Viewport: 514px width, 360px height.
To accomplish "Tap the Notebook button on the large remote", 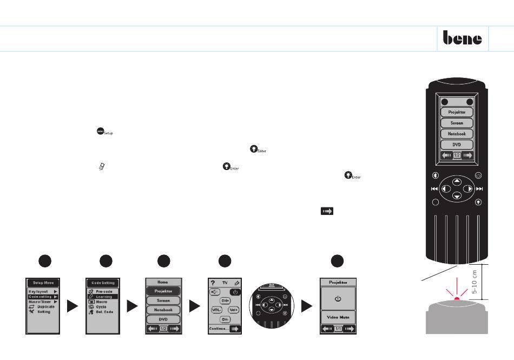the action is pyautogui.click(x=457, y=134).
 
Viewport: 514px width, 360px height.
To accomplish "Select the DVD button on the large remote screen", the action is pyautogui.click(x=457, y=145).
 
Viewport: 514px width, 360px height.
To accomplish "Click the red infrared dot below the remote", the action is pyautogui.click(x=457, y=299).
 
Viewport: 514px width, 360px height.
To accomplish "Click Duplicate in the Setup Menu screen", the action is pyautogui.click(x=45, y=306).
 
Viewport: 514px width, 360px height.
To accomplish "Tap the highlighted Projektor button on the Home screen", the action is pyautogui.click(x=163, y=291).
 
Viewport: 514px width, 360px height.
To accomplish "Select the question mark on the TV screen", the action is pyautogui.click(x=213, y=283).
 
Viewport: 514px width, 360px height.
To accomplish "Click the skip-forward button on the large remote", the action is pyautogui.click(x=479, y=189).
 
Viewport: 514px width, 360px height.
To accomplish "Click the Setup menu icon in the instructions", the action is pyautogui.click(x=100, y=131).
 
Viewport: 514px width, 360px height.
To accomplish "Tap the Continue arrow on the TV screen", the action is pyautogui.click(x=234, y=328).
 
